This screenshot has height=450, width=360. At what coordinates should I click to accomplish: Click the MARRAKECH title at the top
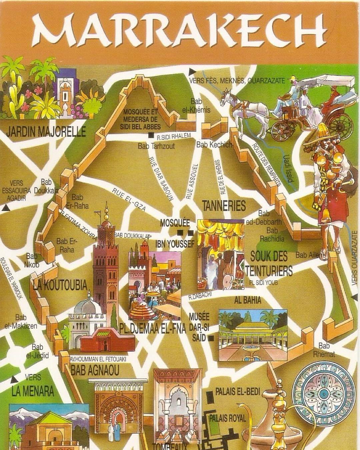[180, 30]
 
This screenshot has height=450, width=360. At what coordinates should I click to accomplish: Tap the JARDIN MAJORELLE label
[46, 131]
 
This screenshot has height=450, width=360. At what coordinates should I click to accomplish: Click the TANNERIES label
[224, 206]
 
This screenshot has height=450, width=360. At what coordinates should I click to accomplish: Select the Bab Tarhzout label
[156, 146]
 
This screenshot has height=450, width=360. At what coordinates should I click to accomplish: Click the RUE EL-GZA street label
[129, 199]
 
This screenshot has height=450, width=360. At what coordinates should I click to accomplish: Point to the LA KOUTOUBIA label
[60, 285]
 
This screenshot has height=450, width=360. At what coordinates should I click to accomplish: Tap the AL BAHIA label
[248, 300]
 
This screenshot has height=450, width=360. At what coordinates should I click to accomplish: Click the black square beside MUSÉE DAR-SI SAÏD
[211, 339]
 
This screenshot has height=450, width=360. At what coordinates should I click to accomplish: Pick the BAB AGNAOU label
[90, 370]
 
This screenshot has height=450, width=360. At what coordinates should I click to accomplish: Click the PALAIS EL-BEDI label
[237, 392]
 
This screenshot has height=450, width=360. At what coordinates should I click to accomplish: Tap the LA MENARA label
[32, 391]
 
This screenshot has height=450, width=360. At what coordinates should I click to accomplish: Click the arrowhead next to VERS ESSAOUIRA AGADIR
[5, 208]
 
